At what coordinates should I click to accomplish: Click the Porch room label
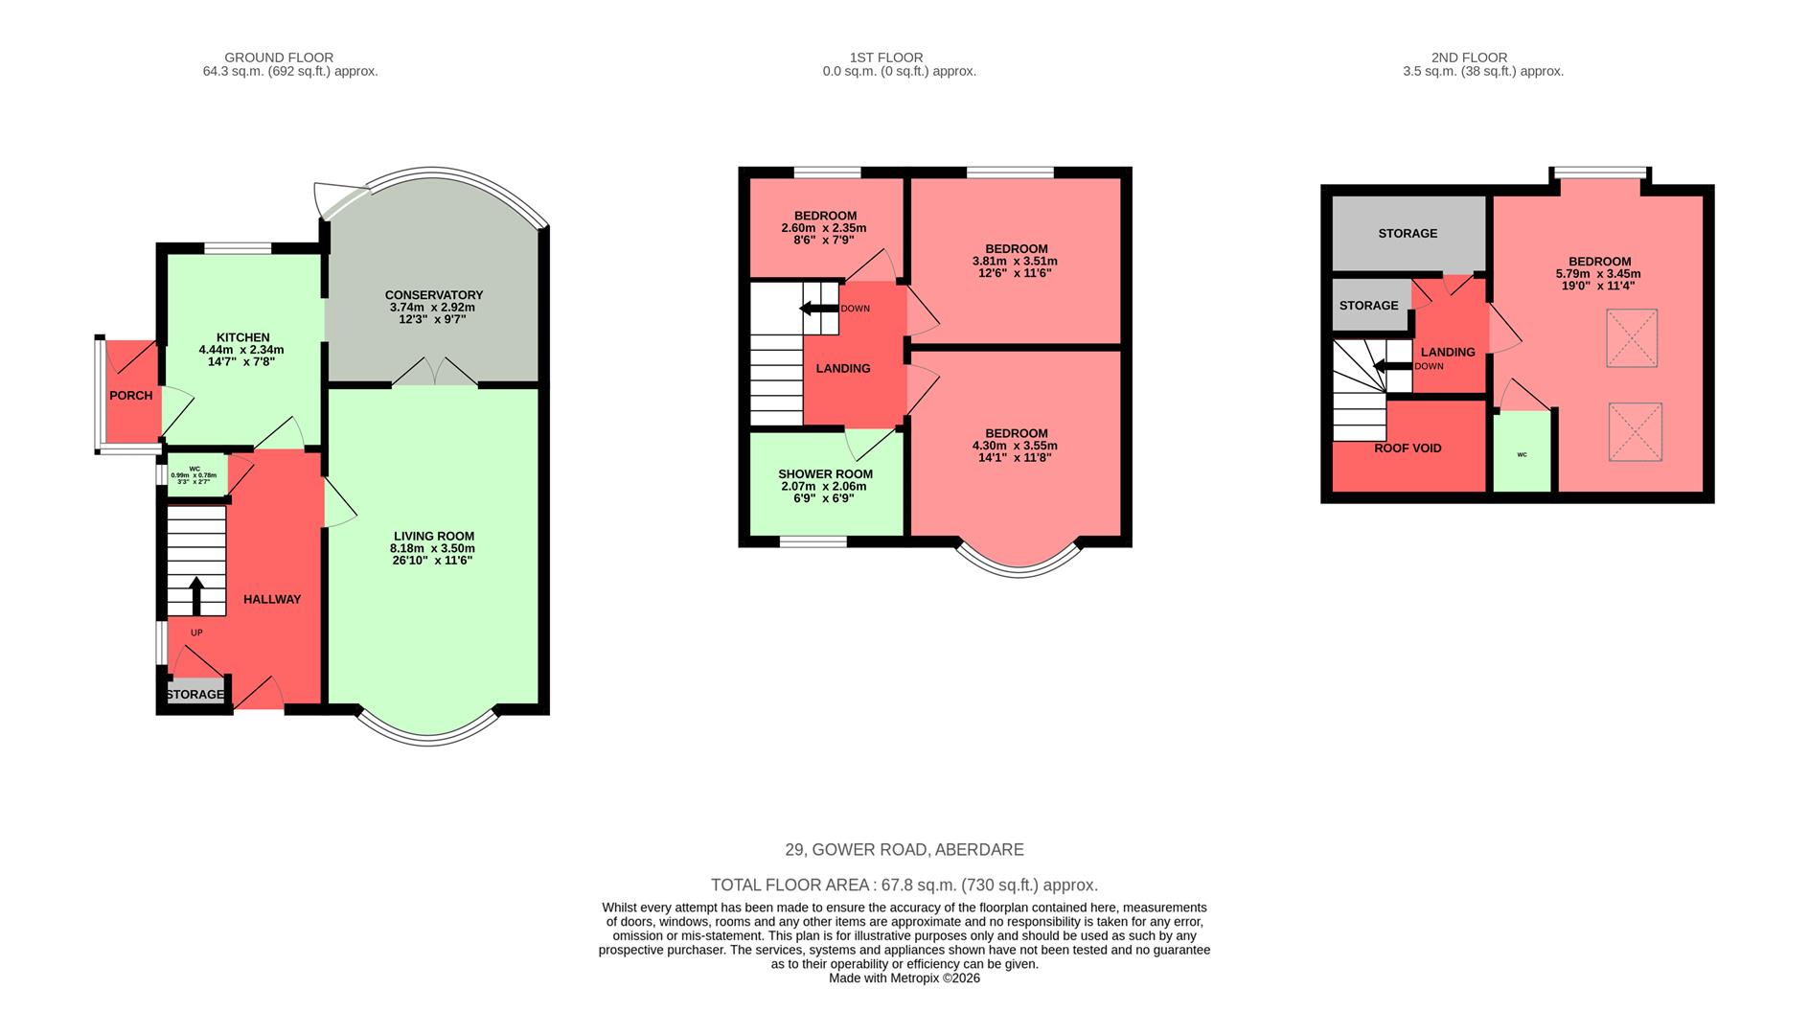(131, 396)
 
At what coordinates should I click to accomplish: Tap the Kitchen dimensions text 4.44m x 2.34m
(241, 350)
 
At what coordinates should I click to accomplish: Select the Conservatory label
(434, 295)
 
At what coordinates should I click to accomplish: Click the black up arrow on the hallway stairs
(196, 595)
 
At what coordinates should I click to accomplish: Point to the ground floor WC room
(196, 475)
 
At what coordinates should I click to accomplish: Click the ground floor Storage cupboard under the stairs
(195, 694)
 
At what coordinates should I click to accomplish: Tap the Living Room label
(434, 537)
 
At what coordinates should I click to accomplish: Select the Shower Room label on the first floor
(825, 474)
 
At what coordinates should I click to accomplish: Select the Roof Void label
(1408, 448)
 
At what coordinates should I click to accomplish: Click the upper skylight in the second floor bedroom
(1631, 337)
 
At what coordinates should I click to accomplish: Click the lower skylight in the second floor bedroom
(1635, 431)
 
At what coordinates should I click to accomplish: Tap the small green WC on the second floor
(1522, 452)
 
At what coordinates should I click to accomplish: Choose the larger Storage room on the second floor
(1408, 234)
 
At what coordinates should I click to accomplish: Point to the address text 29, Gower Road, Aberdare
(904, 850)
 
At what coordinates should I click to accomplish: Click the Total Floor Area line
(904, 885)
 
